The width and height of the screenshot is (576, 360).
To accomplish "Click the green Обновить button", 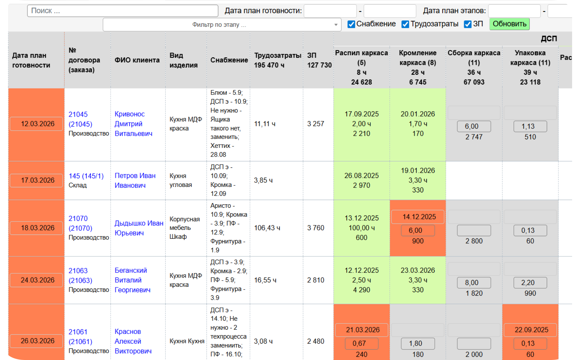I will pyautogui.click(x=509, y=24).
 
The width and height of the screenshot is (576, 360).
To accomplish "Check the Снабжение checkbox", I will pyautogui.click(x=351, y=24).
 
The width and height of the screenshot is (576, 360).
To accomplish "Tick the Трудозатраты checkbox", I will pyautogui.click(x=405, y=24).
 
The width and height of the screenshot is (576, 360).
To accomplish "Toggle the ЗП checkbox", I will pyautogui.click(x=467, y=24).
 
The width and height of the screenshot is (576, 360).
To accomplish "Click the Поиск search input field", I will pyautogui.click(x=122, y=11).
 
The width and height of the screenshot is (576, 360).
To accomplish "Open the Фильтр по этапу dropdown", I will pyautogui.click(x=222, y=25).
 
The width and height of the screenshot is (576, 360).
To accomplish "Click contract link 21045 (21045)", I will pyautogui.click(x=80, y=119).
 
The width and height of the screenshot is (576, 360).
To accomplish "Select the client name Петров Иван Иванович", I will pyautogui.click(x=135, y=180).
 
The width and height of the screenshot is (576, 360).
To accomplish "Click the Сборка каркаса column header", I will pyautogui.click(x=474, y=67).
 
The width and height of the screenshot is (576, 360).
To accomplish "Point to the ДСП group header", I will pyautogui.click(x=548, y=39).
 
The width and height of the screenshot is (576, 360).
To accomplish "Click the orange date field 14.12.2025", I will pyautogui.click(x=417, y=217).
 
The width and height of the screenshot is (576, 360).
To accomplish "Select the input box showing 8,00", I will pyautogui.click(x=474, y=283).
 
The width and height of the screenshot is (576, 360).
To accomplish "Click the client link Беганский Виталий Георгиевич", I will pyautogui.click(x=132, y=280).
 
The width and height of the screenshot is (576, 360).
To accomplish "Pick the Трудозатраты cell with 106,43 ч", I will pyautogui.click(x=267, y=228).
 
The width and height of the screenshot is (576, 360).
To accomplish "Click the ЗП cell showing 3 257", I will pyautogui.click(x=316, y=124).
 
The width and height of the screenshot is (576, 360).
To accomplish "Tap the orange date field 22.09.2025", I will pyautogui.click(x=530, y=330).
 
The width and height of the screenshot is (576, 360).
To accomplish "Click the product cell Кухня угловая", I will pyautogui.click(x=181, y=180).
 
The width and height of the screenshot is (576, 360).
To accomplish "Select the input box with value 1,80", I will pyautogui.click(x=418, y=343).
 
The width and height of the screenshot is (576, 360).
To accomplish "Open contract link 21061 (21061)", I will pyautogui.click(x=80, y=337).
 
